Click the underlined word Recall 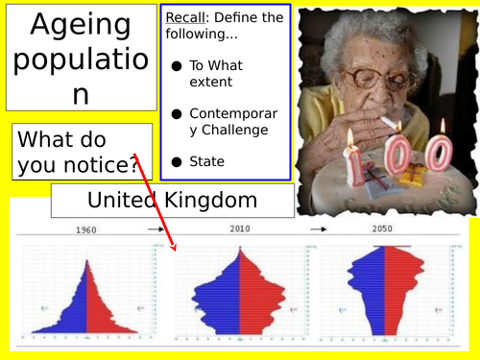point(186,18)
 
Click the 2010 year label point(242,230)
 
